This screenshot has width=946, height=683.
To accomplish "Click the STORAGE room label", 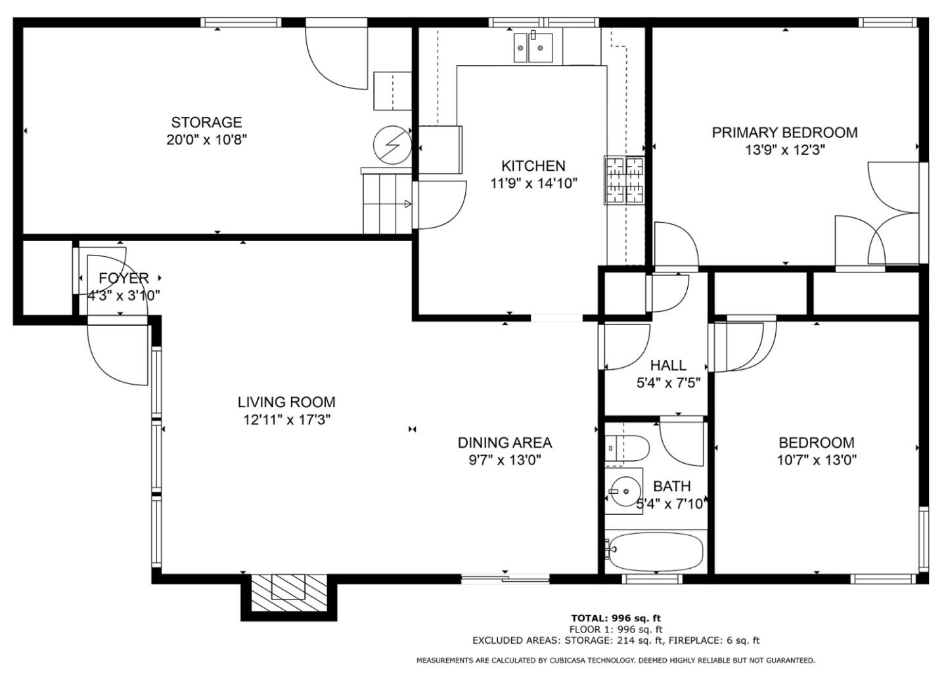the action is (206, 122).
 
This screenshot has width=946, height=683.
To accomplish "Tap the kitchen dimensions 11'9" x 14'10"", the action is (533, 184).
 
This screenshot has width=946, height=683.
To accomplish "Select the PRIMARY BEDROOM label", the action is (784, 133).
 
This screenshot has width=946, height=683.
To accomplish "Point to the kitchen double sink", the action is (533, 48).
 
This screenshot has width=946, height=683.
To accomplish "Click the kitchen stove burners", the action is (625, 180).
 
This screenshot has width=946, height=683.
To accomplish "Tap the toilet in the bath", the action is (627, 449).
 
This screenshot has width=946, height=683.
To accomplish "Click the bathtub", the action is (656, 552).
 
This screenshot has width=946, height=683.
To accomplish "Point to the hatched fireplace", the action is (289, 592).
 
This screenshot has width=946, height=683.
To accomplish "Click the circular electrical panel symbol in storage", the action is (392, 145).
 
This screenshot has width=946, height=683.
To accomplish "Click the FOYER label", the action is (124, 278).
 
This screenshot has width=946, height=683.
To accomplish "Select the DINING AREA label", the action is (505, 443).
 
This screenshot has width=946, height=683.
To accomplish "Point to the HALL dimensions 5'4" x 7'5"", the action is (669, 383).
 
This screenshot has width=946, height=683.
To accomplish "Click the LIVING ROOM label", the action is (286, 402).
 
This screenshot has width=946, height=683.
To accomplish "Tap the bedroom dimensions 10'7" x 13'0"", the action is (817, 460).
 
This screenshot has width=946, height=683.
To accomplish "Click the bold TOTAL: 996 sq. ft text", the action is (616, 619).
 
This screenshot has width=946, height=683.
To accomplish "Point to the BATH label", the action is (672, 486).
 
